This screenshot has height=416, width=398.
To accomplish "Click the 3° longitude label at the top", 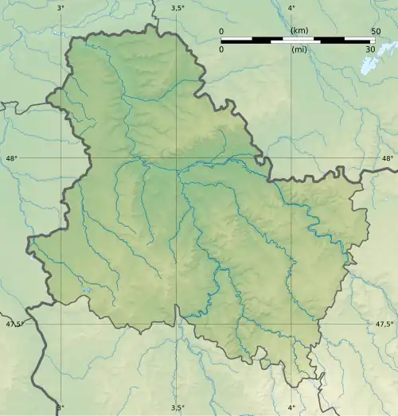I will point(61,8).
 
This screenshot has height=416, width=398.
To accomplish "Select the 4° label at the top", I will point(291,8).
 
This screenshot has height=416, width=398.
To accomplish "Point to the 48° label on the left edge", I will point(11,159).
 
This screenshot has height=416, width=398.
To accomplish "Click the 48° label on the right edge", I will point(387,159).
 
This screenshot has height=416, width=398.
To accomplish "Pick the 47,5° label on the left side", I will point(14,324).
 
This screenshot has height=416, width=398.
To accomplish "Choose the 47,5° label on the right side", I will point(384,324).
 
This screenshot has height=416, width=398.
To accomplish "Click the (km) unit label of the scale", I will point(299,31).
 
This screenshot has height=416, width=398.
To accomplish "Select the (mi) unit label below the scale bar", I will point(299,49).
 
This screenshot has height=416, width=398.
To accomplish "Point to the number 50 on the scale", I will point(374,31).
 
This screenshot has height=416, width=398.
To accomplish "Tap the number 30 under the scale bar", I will point(370,49).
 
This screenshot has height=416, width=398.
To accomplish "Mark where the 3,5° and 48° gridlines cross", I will point(177,159).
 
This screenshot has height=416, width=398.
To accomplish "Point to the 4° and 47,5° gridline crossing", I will point(291,324).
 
